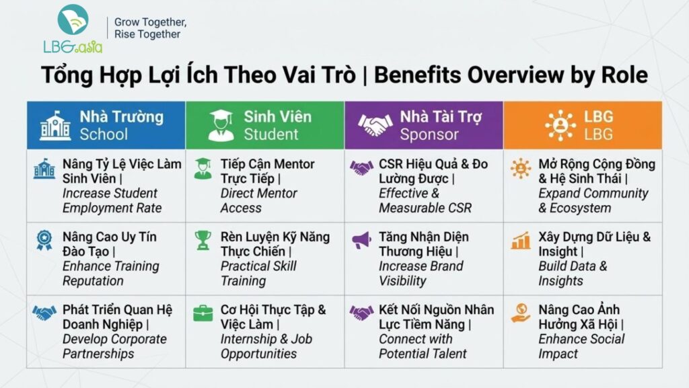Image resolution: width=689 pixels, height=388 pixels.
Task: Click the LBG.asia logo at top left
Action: [73, 29]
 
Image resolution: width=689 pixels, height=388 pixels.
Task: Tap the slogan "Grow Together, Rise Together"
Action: [150, 28]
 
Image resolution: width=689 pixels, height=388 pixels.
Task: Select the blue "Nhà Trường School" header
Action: [106, 126]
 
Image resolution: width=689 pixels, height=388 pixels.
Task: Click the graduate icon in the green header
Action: [221, 126]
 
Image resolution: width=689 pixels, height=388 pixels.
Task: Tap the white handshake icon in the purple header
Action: [375, 124]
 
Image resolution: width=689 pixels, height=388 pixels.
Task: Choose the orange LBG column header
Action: [583, 126]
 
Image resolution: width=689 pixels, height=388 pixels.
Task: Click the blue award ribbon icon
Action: [44, 241]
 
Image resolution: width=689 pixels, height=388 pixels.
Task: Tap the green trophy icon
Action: [203, 240]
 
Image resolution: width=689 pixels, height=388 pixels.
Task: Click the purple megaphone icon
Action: [361, 240]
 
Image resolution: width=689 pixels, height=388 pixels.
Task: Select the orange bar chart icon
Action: [521, 241]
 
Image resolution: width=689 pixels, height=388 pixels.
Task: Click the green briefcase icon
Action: [203, 313]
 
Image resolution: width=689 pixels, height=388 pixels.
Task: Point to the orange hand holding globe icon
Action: [521, 313]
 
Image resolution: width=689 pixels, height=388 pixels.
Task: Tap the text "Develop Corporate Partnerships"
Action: [114, 346]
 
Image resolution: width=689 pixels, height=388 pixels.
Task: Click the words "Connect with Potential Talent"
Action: [423, 346]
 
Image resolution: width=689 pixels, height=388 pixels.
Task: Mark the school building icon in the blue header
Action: [55, 126]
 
